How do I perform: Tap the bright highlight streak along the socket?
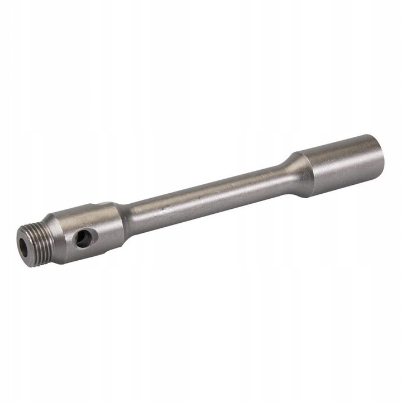pyautogui.click(x=341, y=146)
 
